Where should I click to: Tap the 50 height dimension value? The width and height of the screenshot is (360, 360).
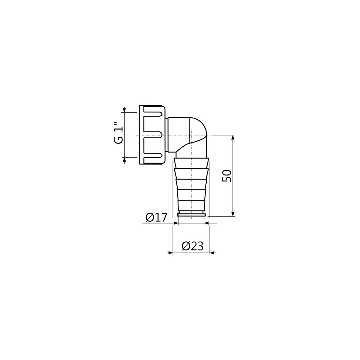pyautogui.click(x=226, y=176)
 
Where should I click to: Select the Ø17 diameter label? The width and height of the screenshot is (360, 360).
pyautogui.click(x=156, y=217)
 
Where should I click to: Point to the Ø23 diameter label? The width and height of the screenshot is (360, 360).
pyautogui.click(x=192, y=247)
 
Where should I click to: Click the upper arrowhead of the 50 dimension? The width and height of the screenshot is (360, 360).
pyautogui.click(x=232, y=137)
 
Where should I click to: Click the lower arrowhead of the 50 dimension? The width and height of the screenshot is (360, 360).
pyautogui.click(x=232, y=214)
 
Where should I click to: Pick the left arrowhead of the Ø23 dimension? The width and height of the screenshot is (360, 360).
pyautogui.click(x=170, y=253)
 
